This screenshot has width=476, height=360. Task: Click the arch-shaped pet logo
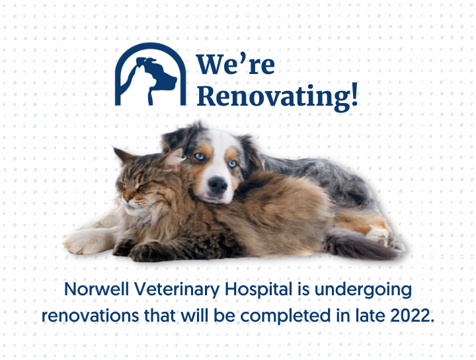(150, 74)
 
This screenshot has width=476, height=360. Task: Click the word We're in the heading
(235, 64)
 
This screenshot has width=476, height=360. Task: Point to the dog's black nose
(218, 185)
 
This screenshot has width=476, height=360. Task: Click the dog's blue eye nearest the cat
(199, 156)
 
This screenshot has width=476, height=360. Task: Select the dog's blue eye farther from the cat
(233, 163)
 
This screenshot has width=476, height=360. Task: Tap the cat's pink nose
(128, 198)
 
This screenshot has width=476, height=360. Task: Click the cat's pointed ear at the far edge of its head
(122, 154)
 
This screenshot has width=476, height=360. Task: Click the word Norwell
(97, 289)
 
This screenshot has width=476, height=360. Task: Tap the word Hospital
(258, 289)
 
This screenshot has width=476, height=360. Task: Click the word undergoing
(363, 290)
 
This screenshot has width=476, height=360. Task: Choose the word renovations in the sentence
(90, 316)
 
